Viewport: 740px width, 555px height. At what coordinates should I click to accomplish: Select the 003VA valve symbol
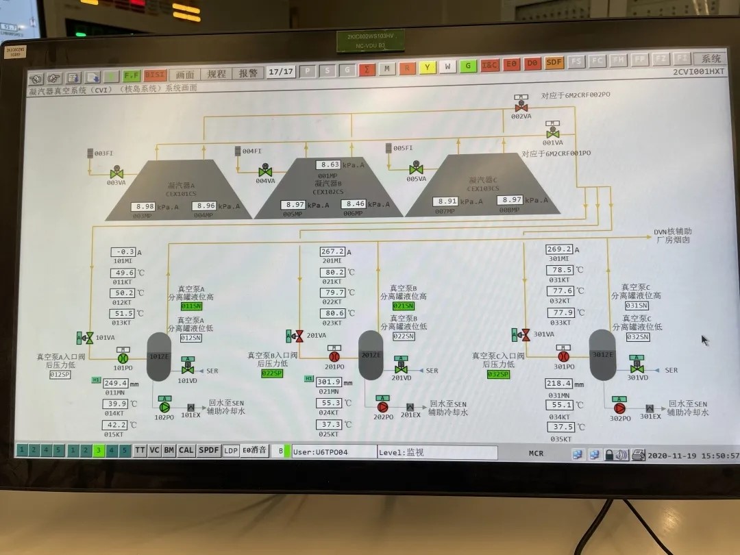116,171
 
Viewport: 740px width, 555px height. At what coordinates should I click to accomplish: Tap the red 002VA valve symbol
521,107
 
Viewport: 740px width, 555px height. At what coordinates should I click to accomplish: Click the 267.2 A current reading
332,251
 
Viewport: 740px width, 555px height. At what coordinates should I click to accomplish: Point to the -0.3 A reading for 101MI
123,251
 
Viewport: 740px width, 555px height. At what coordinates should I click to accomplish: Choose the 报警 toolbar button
248,73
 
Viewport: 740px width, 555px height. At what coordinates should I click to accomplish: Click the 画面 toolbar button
185,74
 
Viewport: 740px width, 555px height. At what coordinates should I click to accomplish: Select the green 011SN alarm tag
191,306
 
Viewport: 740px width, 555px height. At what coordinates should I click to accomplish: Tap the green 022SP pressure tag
272,373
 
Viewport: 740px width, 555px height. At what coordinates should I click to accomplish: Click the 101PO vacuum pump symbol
123,357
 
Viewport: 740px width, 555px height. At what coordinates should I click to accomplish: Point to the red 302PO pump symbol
620,408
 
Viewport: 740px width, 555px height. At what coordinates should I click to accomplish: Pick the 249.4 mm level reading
116,382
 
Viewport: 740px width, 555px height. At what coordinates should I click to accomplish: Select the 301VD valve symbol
637,369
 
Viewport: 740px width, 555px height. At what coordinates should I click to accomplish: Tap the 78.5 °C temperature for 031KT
559,270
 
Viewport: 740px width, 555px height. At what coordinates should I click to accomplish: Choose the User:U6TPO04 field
333,452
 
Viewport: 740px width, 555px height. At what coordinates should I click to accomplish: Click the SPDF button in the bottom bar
208,450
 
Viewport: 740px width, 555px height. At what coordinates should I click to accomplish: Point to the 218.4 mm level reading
559,384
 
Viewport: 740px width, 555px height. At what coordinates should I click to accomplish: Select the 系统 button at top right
708,59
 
